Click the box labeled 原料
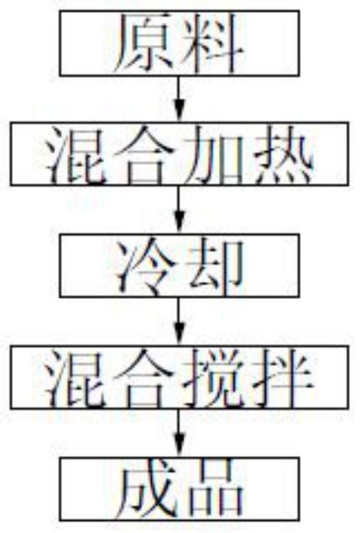click(180, 44)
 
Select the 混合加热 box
click(180, 154)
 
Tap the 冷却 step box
click(180, 265)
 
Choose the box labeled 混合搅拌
click(180, 377)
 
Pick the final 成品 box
click(180, 489)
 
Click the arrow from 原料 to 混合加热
click(180, 99)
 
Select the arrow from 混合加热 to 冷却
click(180, 210)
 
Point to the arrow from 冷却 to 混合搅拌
click(180, 322)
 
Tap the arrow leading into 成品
click(180, 432)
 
